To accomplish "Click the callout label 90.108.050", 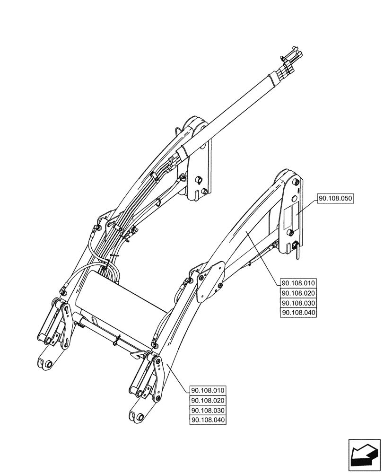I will pyautogui.click(x=336, y=199).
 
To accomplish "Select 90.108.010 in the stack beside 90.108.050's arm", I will pyautogui.click(x=299, y=283).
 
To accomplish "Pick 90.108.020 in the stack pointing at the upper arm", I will pyautogui.click(x=299, y=293).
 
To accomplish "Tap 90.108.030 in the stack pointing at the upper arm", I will pyautogui.click(x=299, y=303).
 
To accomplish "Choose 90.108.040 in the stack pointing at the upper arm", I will pyautogui.click(x=299, y=313).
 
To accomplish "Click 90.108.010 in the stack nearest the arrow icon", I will pyautogui.click(x=208, y=391).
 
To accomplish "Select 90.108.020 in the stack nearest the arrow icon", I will pyautogui.click(x=208, y=401).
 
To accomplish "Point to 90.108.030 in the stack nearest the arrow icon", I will pyautogui.click(x=208, y=411).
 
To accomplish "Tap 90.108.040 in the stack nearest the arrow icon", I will pyautogui.click(x=208, y=420).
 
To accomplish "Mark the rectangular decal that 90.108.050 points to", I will pyautogui.click(x=289, y=216).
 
